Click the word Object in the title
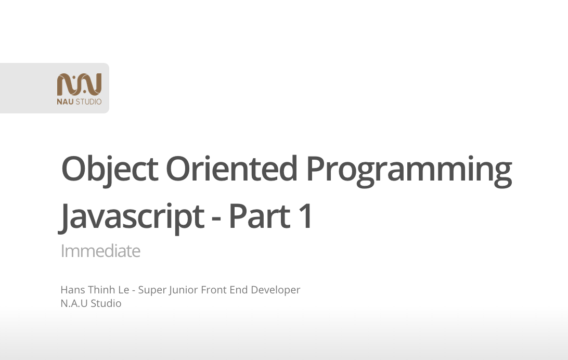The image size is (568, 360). (x=109, y=169)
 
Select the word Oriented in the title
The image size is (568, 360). (x=231, y=169)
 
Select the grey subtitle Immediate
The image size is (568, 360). (x=100, y=251)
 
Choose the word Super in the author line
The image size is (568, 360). (x=152, y=290)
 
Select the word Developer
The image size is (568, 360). (x=276, y=290)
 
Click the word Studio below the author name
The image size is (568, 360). (x=106, y=303)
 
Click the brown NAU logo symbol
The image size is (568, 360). (x=79, y=84)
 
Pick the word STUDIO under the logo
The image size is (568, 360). (x=89, y=101)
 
